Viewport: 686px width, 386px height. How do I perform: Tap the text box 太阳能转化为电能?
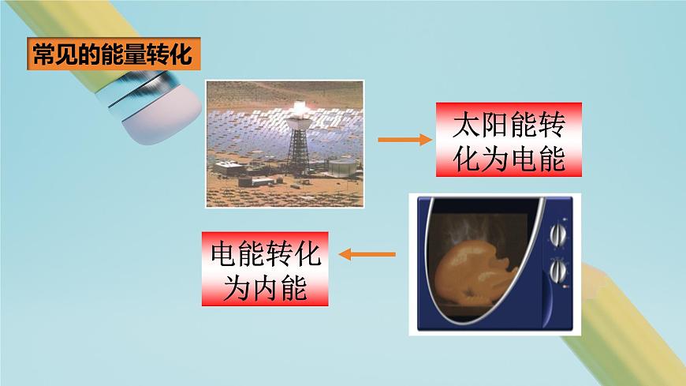(x=509, y=141)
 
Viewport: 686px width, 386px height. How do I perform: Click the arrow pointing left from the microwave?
(x=367, y=254)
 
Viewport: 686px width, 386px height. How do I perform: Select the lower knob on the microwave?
(x=558, y=272)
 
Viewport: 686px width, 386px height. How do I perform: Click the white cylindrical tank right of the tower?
(x=341, y=167)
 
